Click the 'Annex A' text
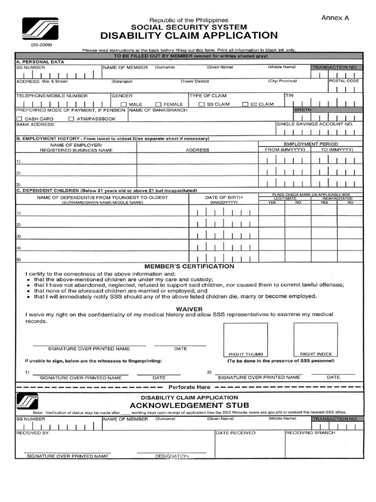pos(335,18)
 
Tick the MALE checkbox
pos(124,104)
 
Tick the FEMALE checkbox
pos(158,104)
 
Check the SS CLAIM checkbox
pos(201,104)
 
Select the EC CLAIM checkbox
pos(245,104)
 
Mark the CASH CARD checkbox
pos(19,119)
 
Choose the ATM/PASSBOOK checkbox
pos(71,119)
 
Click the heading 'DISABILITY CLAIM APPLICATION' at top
pos(189,35)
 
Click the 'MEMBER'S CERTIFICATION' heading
pos(189,266)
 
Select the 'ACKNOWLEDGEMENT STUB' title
pos(189,405)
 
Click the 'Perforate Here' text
pos(189,387)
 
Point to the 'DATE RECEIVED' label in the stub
pos(235,433)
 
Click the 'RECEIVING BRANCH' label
pos(310,433)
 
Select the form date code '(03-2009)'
pos(42,45)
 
